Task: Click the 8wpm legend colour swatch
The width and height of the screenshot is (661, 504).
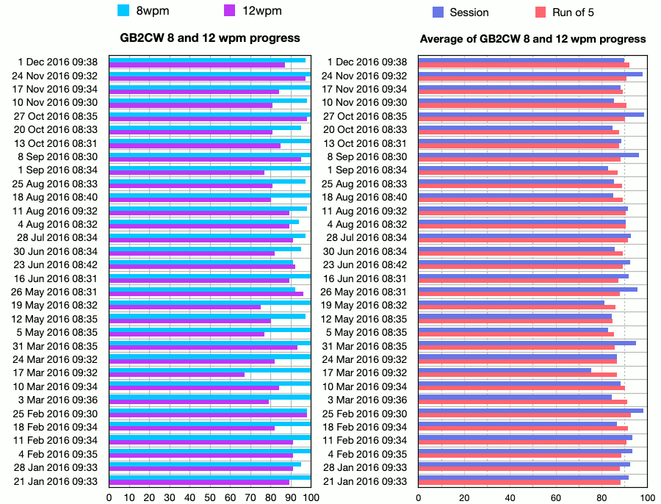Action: (x=123, y=10)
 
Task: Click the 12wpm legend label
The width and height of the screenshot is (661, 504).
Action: (x=262, y=10)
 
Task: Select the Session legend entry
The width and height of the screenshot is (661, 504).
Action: (x=469, y=12)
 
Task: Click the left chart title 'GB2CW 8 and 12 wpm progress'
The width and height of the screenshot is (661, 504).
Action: (x=210, y=37)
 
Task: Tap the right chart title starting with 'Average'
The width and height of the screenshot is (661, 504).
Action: (x=532, y=39)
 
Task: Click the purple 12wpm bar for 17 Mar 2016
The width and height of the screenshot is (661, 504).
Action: (x=177, y=375)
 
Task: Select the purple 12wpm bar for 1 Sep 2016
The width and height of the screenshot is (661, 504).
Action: (x=187, y=173)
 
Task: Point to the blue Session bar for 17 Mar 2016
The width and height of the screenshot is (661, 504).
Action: (x=505, y=370)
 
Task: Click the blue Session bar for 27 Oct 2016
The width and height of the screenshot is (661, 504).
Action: (x=531, y=114)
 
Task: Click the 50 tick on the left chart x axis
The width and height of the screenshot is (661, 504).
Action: (x=210, y=497)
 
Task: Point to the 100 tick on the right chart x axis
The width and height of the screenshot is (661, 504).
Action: (x=648, y=497)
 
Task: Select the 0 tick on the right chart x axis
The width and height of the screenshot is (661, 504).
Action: (x=419, y=497)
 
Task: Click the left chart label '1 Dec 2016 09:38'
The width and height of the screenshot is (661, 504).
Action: (x=58, y=62)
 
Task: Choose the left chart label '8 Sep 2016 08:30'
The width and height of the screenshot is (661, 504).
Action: (x=58, y=156)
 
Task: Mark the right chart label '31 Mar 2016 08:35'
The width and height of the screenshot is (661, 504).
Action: (x=364, y=346)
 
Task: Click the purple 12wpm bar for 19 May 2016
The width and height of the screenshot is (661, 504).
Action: (x=185, y=307)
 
